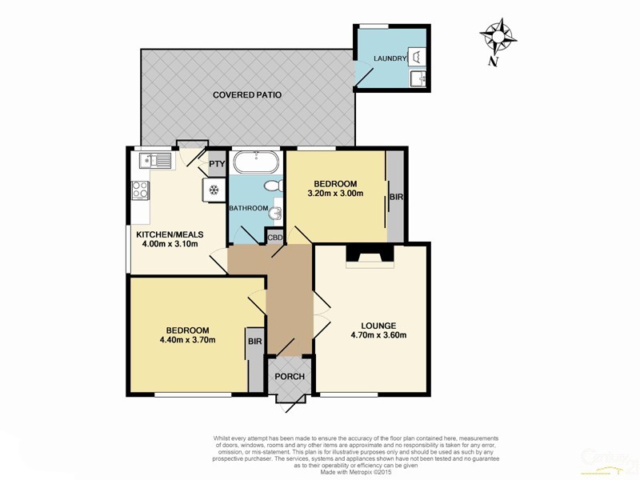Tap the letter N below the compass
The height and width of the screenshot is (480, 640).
click(494, 62)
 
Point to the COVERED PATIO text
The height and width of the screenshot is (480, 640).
click(247, 95)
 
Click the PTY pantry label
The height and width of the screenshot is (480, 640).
click(216, 165)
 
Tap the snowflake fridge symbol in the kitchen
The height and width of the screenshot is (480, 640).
click(214, 190)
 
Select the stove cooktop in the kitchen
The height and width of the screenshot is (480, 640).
click(139, 191)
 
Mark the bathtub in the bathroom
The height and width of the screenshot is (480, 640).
click(255, 163)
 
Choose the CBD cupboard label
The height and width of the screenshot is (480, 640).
click(274, 238)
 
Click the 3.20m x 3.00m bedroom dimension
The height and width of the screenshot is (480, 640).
click(336, 193)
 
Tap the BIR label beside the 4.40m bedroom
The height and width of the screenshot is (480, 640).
click(255, 342)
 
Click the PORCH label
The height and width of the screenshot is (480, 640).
click(286, 378)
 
